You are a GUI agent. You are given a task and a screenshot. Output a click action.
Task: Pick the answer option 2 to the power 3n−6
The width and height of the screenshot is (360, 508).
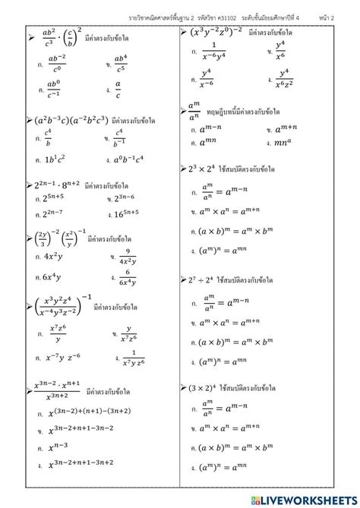coord(129,198)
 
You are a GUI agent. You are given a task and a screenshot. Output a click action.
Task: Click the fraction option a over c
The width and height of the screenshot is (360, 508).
coord(118,90)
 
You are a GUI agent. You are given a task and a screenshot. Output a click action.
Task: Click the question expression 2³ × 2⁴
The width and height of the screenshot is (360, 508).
coord(204,170)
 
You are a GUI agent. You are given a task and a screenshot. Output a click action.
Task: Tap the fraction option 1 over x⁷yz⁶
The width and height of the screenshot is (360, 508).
coord(131,356)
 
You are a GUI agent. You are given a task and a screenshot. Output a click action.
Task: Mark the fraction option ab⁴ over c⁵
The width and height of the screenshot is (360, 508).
coord(120,62)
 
